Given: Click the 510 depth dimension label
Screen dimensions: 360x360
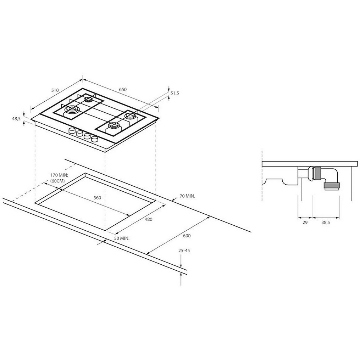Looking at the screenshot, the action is tap(55, 90).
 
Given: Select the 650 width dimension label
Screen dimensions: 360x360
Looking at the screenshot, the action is tap(123, 89).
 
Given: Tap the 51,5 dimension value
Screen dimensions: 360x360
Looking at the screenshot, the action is tap(175, 93).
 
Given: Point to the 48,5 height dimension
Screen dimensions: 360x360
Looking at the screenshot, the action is tap(16, 118).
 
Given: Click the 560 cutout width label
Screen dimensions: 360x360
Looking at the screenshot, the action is tap(97, 198).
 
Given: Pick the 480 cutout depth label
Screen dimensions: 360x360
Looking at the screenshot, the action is tap(149, 219).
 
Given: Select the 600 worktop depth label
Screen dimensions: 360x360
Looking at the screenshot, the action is tap(187, 236).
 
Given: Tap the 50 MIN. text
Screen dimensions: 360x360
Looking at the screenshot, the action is tap(122, 238).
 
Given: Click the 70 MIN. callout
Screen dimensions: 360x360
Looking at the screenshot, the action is tap(187, 196).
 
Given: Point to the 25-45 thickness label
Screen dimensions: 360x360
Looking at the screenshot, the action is tap(184, 251).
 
